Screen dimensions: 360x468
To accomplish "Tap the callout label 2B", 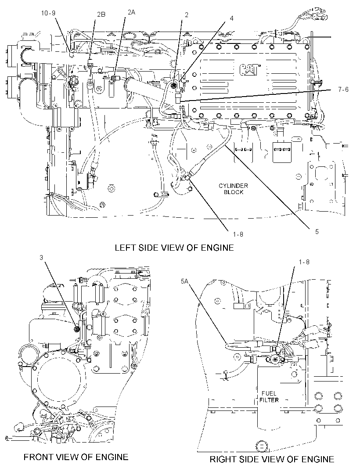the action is pos(101,14).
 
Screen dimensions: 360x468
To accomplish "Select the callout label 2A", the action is pos(131,12).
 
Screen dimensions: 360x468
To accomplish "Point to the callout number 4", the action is pos(231,18).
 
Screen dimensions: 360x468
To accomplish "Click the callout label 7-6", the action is pos(343,89).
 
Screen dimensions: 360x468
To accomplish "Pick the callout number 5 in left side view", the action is pos(317,231).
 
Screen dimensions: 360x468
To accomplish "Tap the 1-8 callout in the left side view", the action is pos(238,234).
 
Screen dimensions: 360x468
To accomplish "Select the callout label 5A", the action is pos(184,281).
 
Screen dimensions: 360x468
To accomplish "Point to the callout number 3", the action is pos(42,258).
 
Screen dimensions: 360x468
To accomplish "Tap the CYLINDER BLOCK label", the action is pos(234,189).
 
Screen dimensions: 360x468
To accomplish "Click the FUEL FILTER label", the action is pos(269,397).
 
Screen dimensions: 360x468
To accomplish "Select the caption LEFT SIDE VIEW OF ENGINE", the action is pos(174,248).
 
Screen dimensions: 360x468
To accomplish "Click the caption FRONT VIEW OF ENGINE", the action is pos(76,457).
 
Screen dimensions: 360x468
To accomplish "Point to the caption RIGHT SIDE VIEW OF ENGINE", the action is pos(272,459).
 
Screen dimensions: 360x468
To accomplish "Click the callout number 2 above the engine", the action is pos(187,14).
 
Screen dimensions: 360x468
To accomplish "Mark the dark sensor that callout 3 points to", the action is pos(76,329).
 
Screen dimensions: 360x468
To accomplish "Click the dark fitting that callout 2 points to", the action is pos(174,86).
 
